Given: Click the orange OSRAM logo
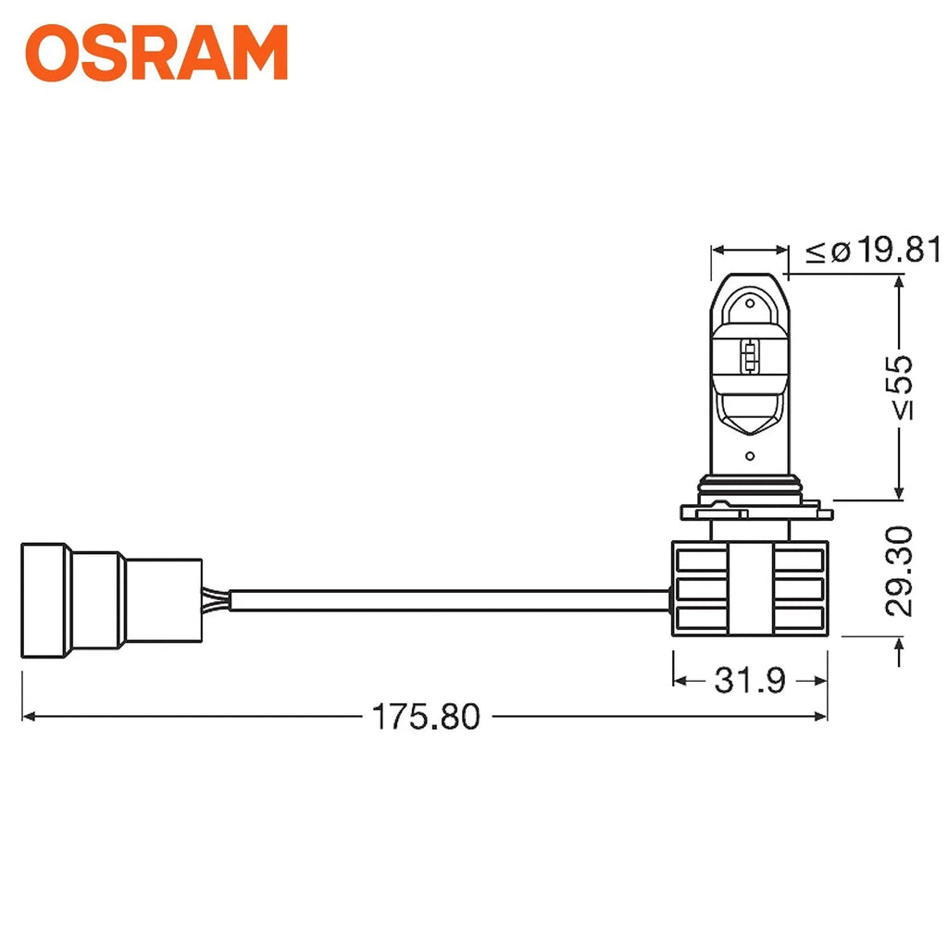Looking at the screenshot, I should [156, 53].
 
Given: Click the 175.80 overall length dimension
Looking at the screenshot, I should [426, 717].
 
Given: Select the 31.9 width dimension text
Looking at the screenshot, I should [749, 681].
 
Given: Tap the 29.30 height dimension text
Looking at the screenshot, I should [898, 571].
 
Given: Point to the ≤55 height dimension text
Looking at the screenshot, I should [898, 387].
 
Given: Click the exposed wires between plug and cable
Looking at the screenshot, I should [215, 600].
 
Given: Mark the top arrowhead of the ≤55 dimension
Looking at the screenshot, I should [897, 281].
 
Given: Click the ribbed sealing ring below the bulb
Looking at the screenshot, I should [750, 488].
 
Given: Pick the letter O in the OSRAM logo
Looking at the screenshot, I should [54, 54].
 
